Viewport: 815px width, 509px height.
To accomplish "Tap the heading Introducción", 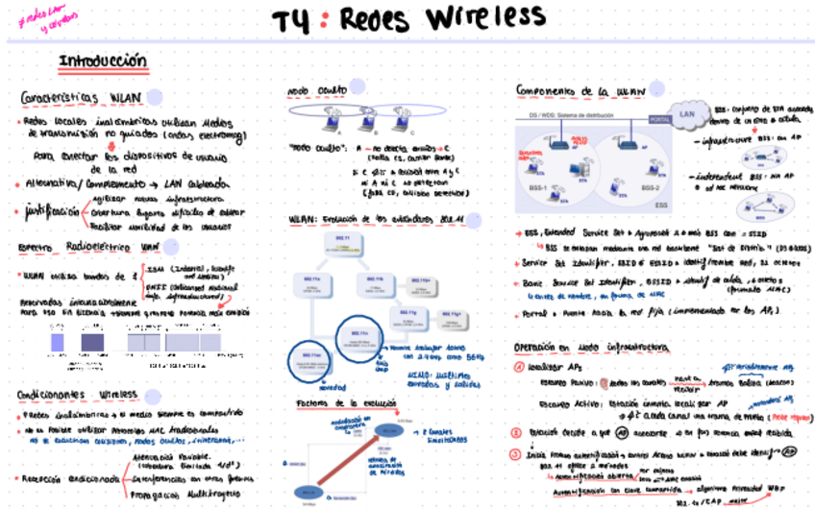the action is click(103, 62).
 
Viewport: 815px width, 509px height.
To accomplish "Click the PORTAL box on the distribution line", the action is click(660, 120).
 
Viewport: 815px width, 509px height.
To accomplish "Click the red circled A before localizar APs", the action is click(519, 367).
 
